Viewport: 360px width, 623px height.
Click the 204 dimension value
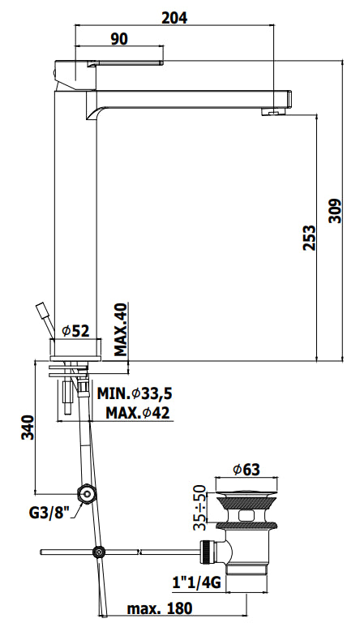point(174,17)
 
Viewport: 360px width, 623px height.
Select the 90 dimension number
point(119,39)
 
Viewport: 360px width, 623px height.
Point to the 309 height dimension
point(336,211)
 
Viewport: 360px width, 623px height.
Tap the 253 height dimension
point(309,238)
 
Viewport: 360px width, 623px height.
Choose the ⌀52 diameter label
point(76,331)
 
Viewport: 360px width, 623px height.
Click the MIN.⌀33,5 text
point(135,393)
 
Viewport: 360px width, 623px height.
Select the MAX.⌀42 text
point(138,413)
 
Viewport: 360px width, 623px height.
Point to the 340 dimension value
point(28,428)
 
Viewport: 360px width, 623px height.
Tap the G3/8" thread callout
point(49,513)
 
